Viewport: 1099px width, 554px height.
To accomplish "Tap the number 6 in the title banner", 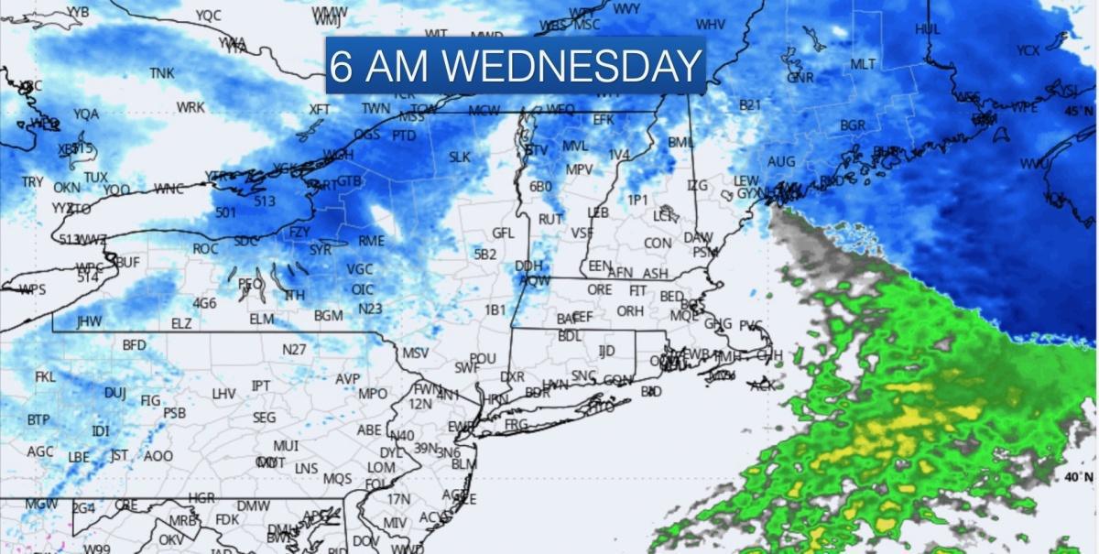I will pos(341,66).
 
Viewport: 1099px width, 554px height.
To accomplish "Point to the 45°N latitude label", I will pos(1077,112).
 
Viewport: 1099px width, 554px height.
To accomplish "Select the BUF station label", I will pos(127,263).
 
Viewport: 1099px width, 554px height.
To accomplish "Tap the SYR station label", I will pos(320,249).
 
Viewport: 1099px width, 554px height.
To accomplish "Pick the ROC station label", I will pos(205,249).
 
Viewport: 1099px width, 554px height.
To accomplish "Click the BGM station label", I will pos(328,316).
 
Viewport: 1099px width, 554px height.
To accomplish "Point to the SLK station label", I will pos(459,158).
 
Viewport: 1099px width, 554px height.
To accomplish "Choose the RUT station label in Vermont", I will pos(549,220).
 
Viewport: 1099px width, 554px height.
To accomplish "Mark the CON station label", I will pos(657,244).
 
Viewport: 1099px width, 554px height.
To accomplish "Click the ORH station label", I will pos(630,311).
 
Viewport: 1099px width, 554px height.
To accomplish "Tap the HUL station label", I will pos(927,29).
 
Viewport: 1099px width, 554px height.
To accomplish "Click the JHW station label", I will pos(89,322).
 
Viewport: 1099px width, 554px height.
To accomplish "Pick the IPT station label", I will pos(261,386).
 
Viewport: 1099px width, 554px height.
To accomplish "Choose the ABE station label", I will pos(368,430).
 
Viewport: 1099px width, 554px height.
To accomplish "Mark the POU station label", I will pos(482,359).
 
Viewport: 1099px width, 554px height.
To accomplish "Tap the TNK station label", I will pos(161,73).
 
